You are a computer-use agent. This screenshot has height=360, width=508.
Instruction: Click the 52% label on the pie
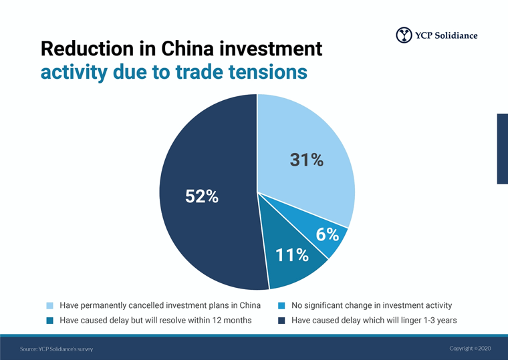(201, 196)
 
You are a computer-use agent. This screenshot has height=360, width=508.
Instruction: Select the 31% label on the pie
(306, 160)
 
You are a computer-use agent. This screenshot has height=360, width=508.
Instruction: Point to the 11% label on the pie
(292, 254)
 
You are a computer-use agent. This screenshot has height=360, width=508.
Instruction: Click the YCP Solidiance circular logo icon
(404, 35)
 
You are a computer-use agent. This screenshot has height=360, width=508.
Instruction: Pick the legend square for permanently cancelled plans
(50, 306)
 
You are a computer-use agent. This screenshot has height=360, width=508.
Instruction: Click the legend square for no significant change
(282, 306)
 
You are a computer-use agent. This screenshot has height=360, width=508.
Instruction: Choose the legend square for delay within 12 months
(50, 321)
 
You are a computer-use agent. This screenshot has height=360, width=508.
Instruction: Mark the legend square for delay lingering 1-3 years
(282, 321)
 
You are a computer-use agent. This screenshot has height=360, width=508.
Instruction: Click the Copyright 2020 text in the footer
(470, 349)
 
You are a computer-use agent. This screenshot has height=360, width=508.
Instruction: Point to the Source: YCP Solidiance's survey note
(57, 349)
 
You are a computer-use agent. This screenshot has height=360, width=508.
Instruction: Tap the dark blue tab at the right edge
(502, 148)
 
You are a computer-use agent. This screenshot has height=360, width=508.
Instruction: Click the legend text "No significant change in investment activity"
(372, 306)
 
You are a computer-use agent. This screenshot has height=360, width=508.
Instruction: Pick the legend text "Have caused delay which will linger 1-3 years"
(374, 321)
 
